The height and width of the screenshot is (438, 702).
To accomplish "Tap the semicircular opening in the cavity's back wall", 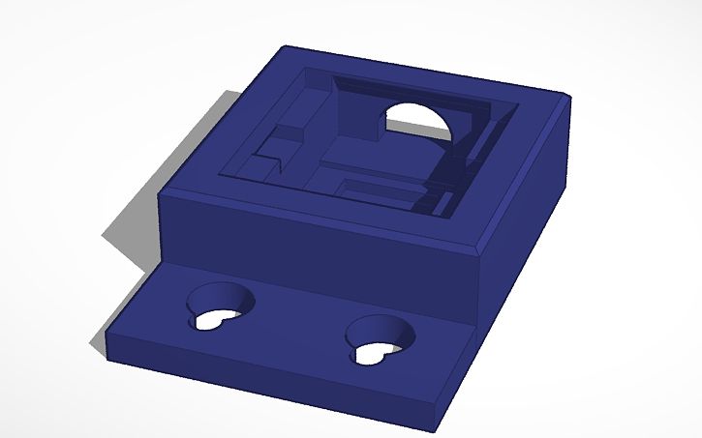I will coord(419,120).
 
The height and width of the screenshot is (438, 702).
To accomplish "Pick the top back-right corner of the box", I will coord(565,94).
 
